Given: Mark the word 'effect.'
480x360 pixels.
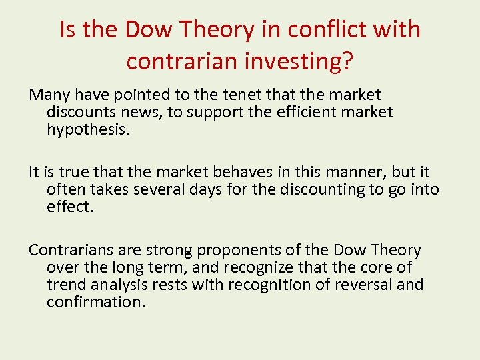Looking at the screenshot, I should (70, 206).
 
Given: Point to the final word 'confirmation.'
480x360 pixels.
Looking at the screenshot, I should (96, 302).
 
